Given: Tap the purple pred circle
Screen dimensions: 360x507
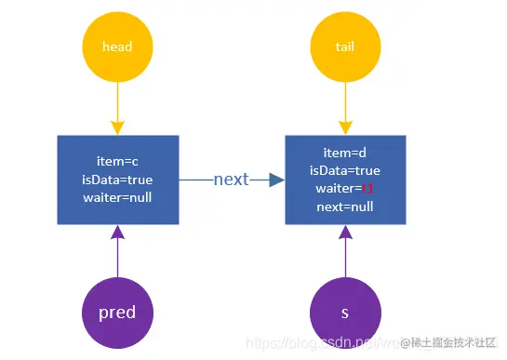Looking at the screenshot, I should [x=117, y=313].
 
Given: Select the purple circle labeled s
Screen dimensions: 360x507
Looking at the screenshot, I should [x=345, y=313].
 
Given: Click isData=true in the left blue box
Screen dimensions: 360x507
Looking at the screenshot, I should [x=117, y=180].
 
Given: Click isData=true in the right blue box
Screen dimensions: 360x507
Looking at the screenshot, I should [x=345, y=171].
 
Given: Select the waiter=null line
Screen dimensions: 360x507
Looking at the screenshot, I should [x=117, y=197].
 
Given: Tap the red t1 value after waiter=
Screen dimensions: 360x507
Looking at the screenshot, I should [x=368, y=189].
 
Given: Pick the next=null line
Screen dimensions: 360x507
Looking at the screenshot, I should [x=345, y=207].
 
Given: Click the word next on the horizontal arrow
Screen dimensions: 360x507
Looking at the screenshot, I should [x=231, y=179].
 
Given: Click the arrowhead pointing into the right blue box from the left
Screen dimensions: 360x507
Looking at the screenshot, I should [x=275, y=180].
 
